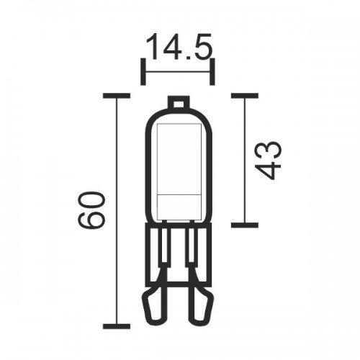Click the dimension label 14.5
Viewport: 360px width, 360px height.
coord(179,46)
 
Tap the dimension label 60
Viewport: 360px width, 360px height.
coord(92,210)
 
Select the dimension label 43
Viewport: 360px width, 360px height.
coord(268,161)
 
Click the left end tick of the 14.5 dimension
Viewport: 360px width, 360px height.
coord(143,71)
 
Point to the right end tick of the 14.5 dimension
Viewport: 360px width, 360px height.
coord(212,71)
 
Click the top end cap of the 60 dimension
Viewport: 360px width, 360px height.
coord(117,96)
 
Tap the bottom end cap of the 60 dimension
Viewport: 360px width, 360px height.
coord(117,326)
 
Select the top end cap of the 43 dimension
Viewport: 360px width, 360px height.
coord(245,96)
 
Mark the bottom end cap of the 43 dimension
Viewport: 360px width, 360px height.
coord(245,225)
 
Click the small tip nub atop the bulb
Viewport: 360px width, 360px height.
coord(179,102)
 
